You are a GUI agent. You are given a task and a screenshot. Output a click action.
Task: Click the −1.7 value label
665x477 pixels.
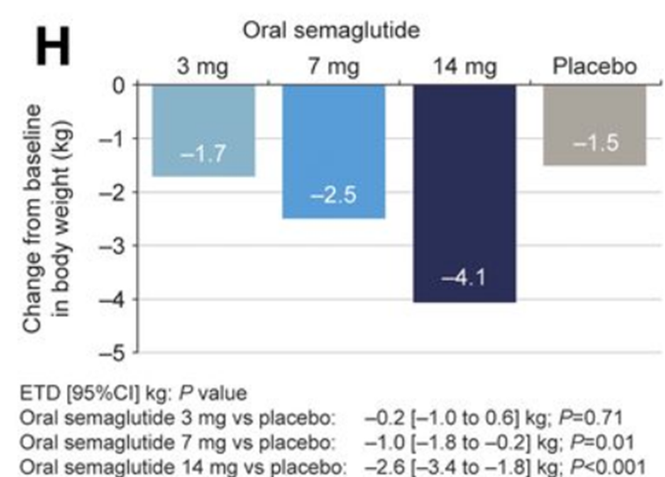202,154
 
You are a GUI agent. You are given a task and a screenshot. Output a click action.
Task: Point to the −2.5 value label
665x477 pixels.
333,195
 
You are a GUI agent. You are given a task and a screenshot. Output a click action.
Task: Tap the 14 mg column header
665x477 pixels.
464,67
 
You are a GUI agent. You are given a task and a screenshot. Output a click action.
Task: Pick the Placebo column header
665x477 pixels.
595,67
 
